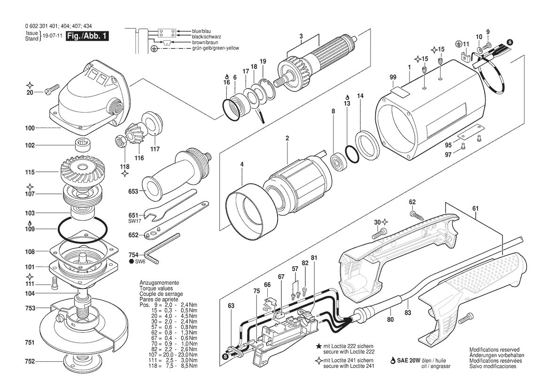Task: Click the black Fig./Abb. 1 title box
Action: (x=87, y=36)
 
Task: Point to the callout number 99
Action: (x=393, y=77)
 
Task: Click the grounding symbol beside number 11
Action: (x=458, y=43)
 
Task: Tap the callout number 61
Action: (x=475, y=209)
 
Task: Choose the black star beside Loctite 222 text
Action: (x=318, y=346)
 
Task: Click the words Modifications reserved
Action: (x=495, y=350)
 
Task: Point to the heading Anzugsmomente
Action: (x=159, y=283)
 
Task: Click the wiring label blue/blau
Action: (x=201, y=31)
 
